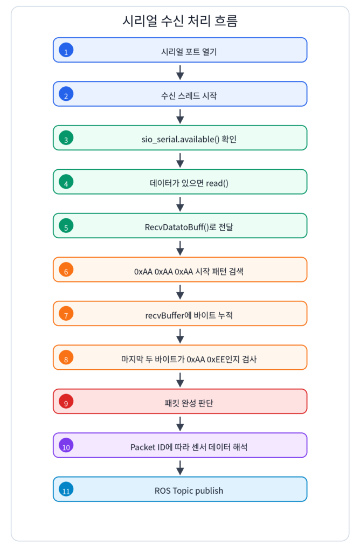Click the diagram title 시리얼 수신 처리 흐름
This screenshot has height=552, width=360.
tap(180, 21)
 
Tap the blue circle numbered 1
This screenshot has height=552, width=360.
tap(66, 50)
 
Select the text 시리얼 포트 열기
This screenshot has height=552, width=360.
tap(189, 52)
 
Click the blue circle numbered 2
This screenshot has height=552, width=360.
tap(66, 94)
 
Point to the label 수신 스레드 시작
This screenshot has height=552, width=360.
tap(189, 96)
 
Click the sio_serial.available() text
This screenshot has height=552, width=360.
tap(181, 140)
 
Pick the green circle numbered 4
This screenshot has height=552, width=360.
tap(66, 182)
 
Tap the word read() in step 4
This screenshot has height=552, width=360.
tap(217, 183)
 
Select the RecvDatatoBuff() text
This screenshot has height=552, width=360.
tap(177, 227)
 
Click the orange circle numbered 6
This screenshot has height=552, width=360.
tap(66, 270)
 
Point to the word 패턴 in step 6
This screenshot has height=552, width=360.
tap(219, 272)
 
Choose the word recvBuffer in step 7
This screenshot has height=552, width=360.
tap(165, 315)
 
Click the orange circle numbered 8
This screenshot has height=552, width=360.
tap(66, 357)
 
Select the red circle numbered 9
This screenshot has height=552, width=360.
tap(66, 401)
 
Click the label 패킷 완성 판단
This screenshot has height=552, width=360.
tap(189, 403)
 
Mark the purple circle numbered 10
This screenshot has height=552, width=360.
tap(66, 445)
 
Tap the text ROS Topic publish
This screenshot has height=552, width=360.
tap(189, 491)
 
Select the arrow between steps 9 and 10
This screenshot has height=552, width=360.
tap(180, 424)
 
